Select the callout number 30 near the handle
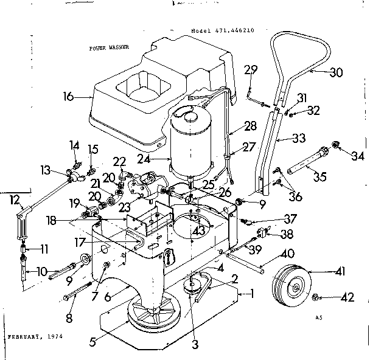coord(335,73)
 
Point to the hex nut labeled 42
coord(317,297)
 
